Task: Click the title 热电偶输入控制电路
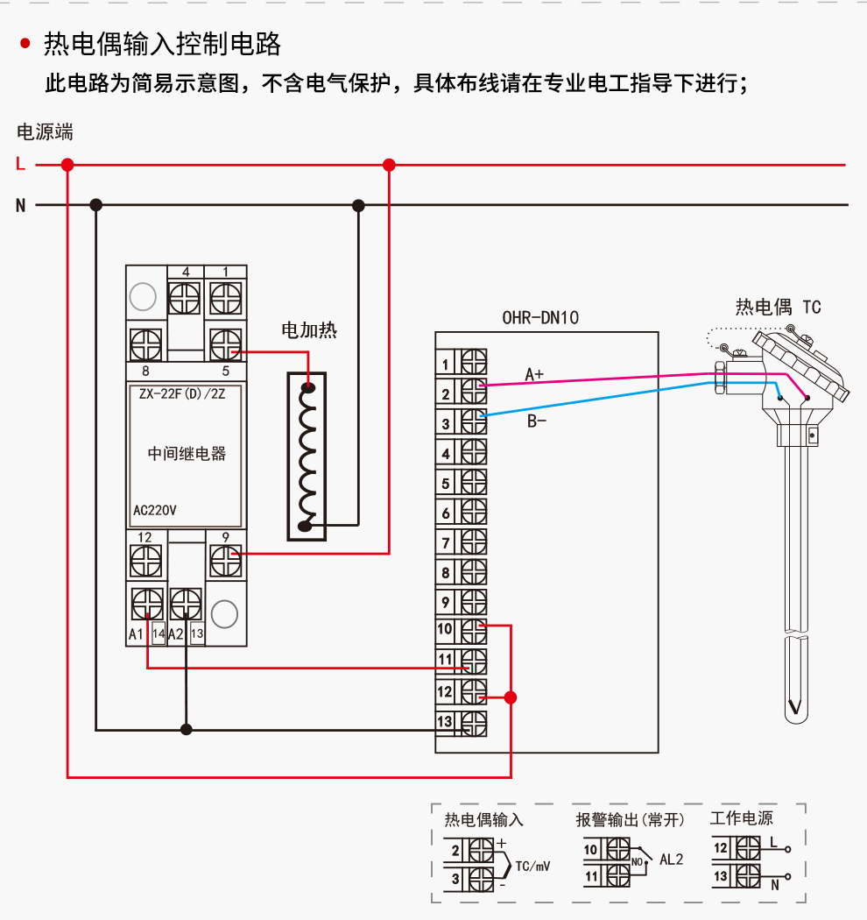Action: tap(162, 44)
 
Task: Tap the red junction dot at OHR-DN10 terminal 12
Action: tap(511, 697)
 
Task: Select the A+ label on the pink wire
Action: tap(534, 374)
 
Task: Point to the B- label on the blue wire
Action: tap(537, 421)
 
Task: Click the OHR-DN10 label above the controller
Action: tap(540, 318)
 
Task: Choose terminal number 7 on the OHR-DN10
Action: tap(446, 543)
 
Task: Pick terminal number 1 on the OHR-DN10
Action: tap(446, 364)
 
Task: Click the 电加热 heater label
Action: tap(308, 330)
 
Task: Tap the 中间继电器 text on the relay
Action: tap(187, 453)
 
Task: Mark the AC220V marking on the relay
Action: tap(155, 510)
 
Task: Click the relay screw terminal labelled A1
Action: tap(146, 603)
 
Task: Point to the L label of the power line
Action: tap(20, 164)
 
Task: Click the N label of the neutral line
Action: tap(20, 206)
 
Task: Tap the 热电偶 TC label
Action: tap(778, 307)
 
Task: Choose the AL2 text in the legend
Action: tap(671, 860)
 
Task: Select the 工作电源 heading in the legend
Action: tap(741, 818)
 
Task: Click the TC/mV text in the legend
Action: tap(532, 867)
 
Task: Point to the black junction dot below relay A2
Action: tap(186, 728)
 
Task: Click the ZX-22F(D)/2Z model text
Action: tap(182, 393)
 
